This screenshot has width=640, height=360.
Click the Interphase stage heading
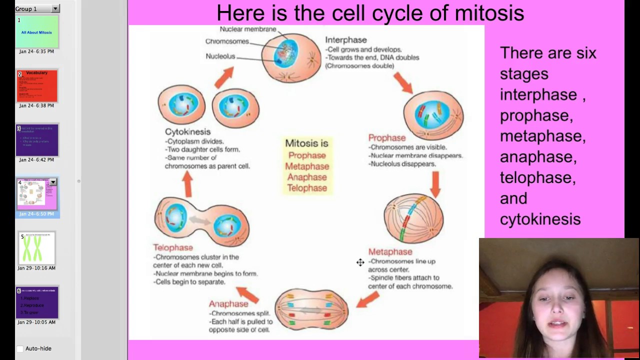point(345,40)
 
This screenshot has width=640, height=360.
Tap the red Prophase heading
point(386,138)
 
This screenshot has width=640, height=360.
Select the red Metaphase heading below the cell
point(390,252)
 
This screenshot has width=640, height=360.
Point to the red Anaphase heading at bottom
point(228,304)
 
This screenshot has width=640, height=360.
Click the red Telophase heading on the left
point(172,247)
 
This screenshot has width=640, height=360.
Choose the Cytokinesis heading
point(187,132)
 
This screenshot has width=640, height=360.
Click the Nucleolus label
point(220,56)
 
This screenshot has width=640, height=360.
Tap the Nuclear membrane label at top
point(247,29)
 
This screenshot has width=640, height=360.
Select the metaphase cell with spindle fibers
point(413,218)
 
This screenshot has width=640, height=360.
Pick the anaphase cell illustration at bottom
point(311,310)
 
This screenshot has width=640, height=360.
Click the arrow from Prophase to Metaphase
point(435,183)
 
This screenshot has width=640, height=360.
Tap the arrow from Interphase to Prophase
point(402,82)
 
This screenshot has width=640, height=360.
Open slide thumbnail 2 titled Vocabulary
point(37,86)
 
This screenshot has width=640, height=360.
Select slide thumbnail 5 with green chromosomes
point(37,248)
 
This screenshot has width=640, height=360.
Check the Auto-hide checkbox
point(20,348)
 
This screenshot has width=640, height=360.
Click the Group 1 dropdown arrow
point(55,8)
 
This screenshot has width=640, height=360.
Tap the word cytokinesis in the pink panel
point(540,219)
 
